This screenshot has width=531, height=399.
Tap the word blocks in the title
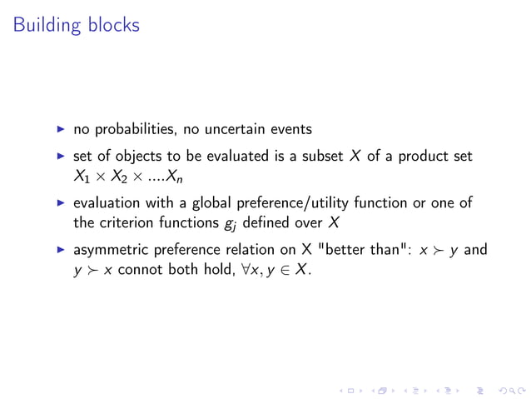(x=114, y=25)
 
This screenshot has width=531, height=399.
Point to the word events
(x=290, y=129)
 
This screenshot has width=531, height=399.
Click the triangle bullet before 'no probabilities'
(x=60, y=129)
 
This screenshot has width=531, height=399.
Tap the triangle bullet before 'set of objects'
(x=60, y=156)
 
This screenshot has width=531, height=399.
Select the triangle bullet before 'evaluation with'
(x=60, y=202)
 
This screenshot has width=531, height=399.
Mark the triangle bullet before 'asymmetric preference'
(x=60, y=249)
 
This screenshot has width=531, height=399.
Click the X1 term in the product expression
(x=82, y=177)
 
